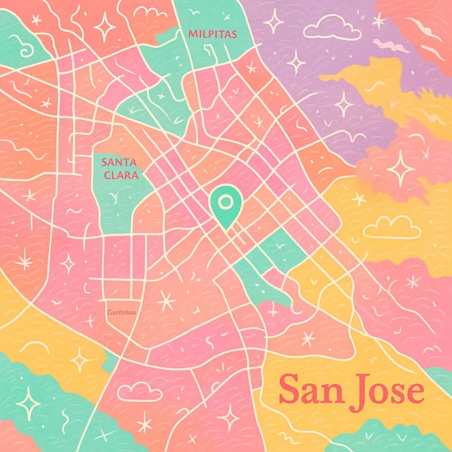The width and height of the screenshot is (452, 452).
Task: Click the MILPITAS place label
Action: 212,34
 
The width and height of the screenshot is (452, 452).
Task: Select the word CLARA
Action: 120,175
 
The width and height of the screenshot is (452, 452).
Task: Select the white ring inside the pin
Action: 226,202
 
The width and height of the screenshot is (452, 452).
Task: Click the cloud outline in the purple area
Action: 332,29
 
